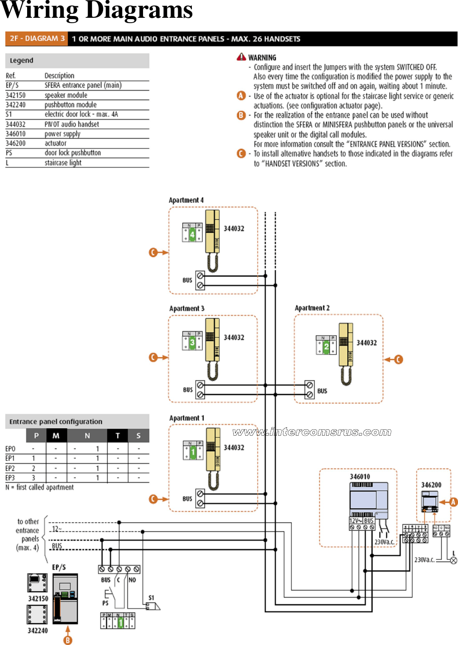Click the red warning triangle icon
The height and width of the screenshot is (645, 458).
point(241,57)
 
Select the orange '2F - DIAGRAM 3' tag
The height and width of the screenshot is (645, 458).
point(37,39)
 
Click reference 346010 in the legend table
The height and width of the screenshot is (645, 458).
point(16,134)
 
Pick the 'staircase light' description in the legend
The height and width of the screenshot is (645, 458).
point(63,163)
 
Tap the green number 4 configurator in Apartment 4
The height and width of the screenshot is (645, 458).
point(192,234)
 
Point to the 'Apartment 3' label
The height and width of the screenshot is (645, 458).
point(187,308)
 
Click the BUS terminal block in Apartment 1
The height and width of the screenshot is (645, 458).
point(200,499)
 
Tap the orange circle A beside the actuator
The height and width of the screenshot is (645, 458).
point(453,502)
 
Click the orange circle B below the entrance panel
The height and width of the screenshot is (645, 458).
point(68,640)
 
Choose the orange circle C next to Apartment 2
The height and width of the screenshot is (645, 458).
point(398,360)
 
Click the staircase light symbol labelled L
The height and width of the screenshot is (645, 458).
point(454,561)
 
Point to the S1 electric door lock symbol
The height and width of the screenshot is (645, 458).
point(153,606)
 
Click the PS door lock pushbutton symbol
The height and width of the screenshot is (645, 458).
point(107,594)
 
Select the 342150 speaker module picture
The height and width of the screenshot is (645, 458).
point(38,583)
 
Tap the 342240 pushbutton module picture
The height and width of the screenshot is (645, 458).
point(37,615)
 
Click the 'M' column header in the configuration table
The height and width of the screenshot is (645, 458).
point(56,436)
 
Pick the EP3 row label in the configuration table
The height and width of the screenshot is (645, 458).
point(10,478)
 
